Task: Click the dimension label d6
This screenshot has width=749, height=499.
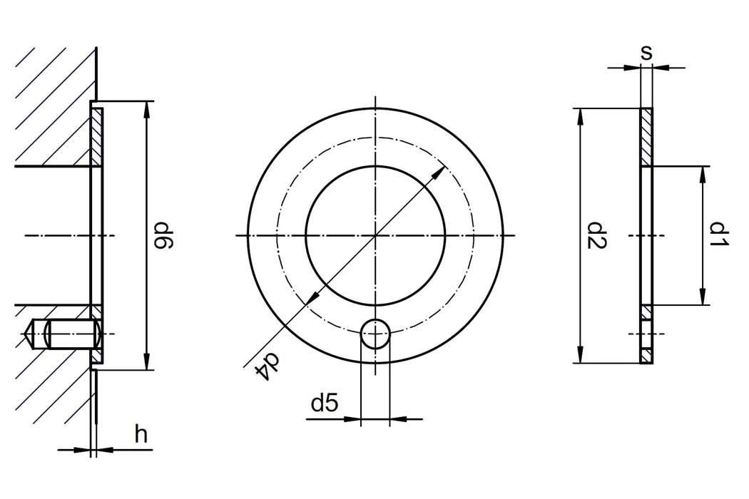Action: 165,236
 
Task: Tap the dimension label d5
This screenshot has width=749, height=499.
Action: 324,404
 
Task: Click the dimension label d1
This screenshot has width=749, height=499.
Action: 720,235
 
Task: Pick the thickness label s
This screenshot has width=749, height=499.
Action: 646,51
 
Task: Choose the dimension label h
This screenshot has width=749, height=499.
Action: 141,434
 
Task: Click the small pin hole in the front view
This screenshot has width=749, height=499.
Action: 375,333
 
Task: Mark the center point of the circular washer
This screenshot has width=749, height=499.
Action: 375,235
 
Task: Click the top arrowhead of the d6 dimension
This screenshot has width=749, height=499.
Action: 147,108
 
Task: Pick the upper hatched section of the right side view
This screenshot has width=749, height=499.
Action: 646,137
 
